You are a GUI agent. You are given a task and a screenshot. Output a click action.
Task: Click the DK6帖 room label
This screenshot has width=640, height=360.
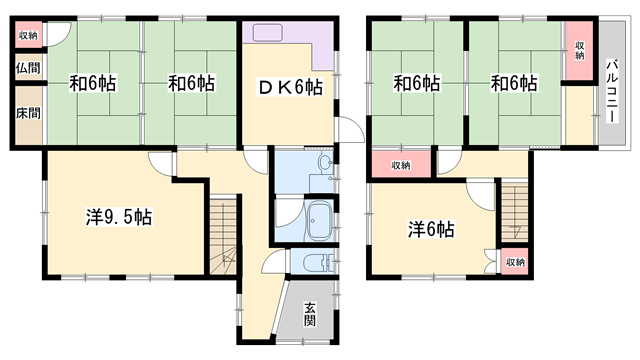coord(291,87)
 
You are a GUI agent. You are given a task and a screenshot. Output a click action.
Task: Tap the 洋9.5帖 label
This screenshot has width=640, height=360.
coord(117,215)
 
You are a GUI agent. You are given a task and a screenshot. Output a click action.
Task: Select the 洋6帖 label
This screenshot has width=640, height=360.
coord(431,229)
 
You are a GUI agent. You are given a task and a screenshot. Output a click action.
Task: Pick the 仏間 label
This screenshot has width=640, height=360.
coord(27,69)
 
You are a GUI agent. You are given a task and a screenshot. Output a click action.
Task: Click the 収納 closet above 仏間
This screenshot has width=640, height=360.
coord(27,35)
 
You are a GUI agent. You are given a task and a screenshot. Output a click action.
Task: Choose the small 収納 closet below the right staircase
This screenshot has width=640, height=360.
coord(513,262)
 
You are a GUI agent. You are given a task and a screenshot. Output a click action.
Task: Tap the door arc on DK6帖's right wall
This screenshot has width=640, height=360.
coord(349,130)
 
